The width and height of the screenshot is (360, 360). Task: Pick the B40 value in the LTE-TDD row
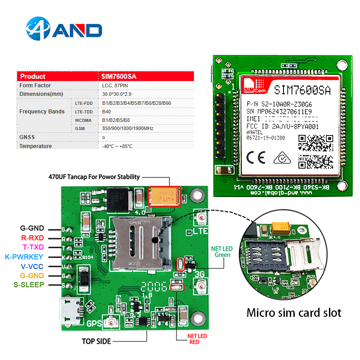tap(106, 112)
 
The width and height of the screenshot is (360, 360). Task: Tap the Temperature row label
tap(36, 146)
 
